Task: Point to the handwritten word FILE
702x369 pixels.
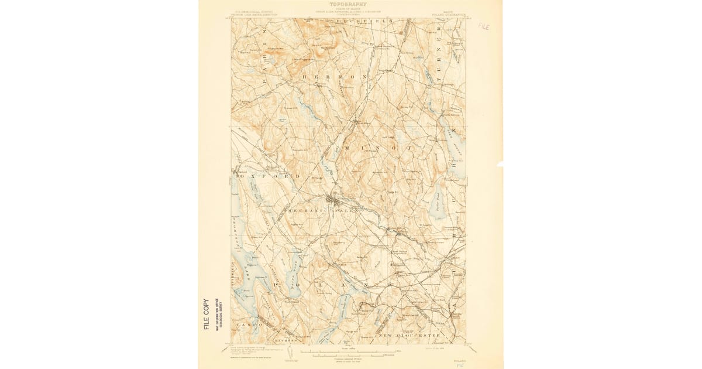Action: tap(484, 26)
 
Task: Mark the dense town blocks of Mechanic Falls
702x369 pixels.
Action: tap(336, 201)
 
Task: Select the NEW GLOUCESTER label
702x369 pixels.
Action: tap(409, 335)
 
